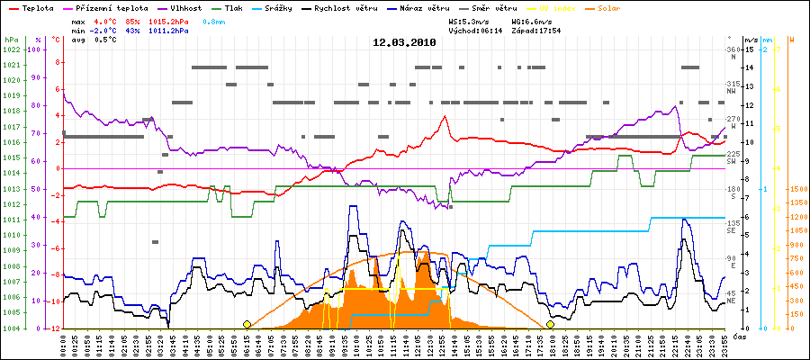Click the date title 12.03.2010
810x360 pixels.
404,42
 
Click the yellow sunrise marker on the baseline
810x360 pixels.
247,324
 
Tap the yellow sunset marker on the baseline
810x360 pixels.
550,324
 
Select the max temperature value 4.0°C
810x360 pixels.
105,20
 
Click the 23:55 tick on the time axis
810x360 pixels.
723,345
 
